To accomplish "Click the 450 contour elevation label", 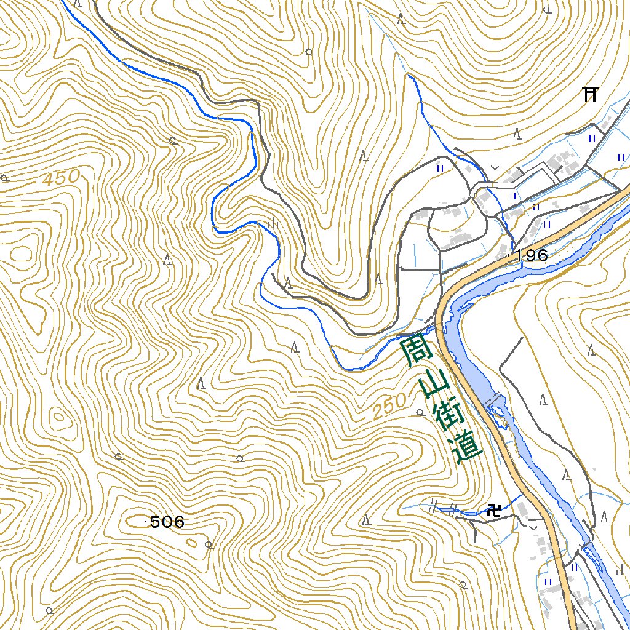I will (x=62, y=178).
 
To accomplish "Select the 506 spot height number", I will (x=167, y=522).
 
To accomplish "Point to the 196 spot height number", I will (x=532, y=255).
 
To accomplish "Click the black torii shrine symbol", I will (x=591, y=94).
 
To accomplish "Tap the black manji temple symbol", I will (x=493, y=509).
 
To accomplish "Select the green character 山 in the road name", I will (x=433, y=386).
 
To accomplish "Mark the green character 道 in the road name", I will (x=467, y=450).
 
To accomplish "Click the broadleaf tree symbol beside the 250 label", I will (x=420, y=412).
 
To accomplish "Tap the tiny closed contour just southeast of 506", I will (x=192, y=543).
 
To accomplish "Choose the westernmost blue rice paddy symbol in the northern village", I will (x=440, y=167).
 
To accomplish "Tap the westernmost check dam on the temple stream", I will (x=434, y=506).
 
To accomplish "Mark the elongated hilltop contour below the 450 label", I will (x=22, y=253).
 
